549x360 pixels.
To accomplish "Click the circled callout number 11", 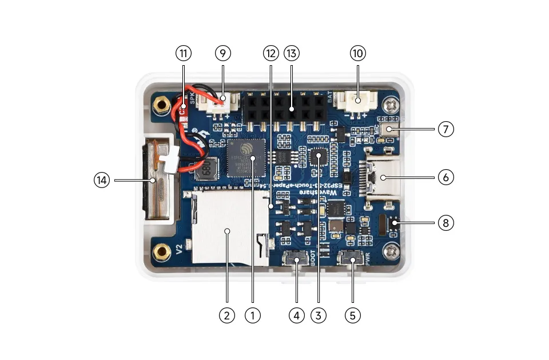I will pyautogui.click(x=183, y=53).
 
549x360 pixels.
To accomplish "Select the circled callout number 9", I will pyautogui.click(x=223, y=53).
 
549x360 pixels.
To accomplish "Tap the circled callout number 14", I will pyautogui.click(x=102, y=180).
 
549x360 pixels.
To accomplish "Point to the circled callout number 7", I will pyautogui.click(x=446, y=129).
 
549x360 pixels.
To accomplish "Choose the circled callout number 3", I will pyautogui.click(x=319, y=314).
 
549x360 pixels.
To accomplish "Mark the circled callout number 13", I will pyautogui.click(x=292, y=53).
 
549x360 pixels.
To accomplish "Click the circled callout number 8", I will pyautogui.click(x=446, y=222).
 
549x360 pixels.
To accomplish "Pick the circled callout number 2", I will pyautogui.click(x=227, y=314).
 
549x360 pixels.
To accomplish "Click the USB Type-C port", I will pyautogui.click(x=380, y=178).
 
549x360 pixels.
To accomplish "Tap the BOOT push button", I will pyautogui.click(x=298, y=261).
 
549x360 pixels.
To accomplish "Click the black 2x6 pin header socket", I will pyautogui.click(x=284, y=108).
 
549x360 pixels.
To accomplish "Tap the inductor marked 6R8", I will pyautogui.click(x=205, y=168).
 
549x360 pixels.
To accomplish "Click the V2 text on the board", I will pyautogui.click(x=179, y=249).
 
